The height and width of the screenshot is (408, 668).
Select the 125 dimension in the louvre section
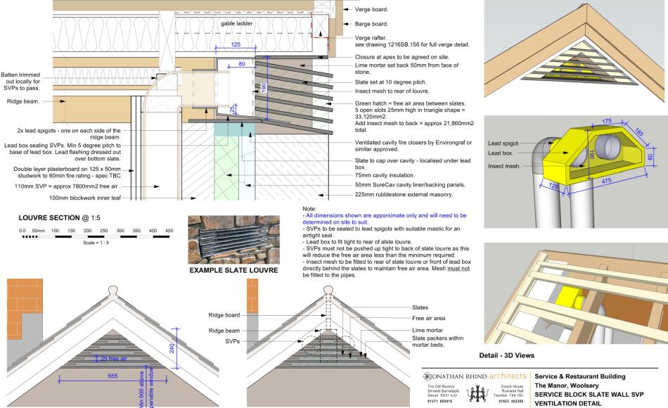(235, 44)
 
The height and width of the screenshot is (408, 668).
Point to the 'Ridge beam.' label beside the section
(24, 101)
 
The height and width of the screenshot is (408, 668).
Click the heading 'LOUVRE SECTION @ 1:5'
(53, 219)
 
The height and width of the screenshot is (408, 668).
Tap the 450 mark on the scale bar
(169, 230)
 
